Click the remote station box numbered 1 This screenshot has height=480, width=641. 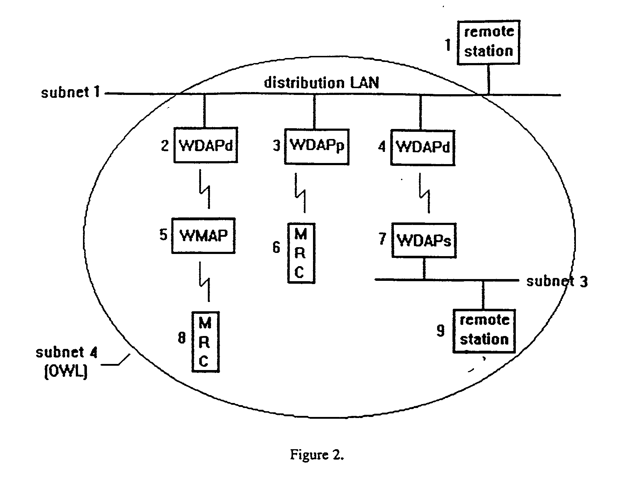(x=488, y=42)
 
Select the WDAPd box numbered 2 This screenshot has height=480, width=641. (x=206, y=145)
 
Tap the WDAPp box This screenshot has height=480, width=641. (x=317, y=146)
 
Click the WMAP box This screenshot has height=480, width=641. (x=203, y=236)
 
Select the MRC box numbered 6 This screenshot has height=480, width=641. (x=301, y=253)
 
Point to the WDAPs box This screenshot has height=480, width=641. (x=424, y=240)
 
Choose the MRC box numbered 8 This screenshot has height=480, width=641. (x=205, y=342)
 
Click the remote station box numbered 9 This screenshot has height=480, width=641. (x=484, y=331)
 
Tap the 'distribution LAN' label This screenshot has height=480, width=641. (x=321, y=83)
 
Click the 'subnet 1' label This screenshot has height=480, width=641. (x=70, y=92)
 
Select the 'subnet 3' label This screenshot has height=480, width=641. (x=557, y=282)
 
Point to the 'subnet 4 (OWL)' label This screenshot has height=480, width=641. (x=66, y=362)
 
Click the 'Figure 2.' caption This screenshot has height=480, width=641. (x=317, y=455)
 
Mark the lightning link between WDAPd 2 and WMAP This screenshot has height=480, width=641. (x=205, y=189)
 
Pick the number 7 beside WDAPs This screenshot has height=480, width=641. (x=382, y=239)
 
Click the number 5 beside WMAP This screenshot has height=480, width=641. (x=163, y=235)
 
